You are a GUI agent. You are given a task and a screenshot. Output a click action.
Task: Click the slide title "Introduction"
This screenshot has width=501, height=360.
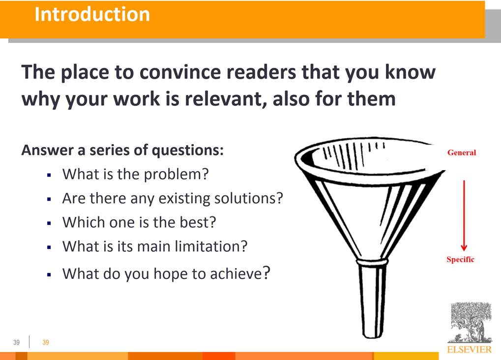pos(92,14)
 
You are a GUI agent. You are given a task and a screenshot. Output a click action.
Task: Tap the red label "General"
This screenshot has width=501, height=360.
pos(461,152)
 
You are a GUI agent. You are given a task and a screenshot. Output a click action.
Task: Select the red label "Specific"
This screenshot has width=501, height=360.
pos(460,259)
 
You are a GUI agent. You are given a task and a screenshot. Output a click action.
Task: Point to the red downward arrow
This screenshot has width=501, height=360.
pos(464,216)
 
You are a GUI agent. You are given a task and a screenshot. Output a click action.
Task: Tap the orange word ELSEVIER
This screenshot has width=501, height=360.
pos(470,350)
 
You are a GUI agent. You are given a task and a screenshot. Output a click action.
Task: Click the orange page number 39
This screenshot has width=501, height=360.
pos(46,342)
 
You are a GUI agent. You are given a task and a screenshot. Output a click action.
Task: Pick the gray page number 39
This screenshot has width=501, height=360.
pos(17,342)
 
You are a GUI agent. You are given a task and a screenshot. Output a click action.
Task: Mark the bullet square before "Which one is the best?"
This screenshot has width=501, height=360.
pos(49,223)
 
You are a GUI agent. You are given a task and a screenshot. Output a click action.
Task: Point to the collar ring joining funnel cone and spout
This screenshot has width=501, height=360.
pos(372,262)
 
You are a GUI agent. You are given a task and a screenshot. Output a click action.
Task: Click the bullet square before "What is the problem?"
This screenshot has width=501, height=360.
pos(49,175)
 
